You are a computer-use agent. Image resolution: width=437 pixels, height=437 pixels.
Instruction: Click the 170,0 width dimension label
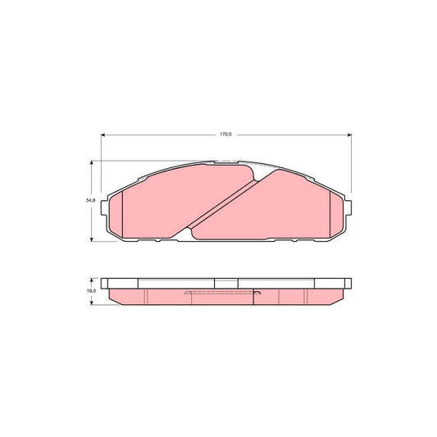[225, 134]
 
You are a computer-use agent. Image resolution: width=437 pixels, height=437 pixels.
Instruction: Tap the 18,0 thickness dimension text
[91, 291]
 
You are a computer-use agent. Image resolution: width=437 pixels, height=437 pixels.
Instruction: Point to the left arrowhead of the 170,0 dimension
[102, 135]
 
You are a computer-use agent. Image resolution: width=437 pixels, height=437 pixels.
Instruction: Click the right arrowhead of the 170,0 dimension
[349, 135]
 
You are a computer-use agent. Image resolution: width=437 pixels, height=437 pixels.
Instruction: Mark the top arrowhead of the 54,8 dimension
[91, 163]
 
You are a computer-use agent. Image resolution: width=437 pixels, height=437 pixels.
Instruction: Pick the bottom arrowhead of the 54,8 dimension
[91, 239]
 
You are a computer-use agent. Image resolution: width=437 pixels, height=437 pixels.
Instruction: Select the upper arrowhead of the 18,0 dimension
[91, 280]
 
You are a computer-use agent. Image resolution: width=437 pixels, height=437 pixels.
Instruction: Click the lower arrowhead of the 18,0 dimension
[91, 303]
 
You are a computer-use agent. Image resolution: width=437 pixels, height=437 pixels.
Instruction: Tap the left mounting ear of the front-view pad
[104, 208]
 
